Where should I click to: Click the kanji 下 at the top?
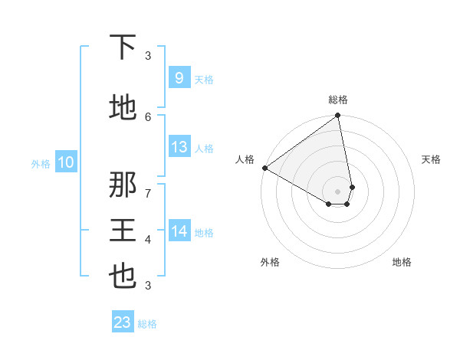click(123, 48)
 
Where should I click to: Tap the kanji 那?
click(123, 185)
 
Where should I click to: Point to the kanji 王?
click(123, 231)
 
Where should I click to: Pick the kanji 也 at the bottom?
click(123, 277)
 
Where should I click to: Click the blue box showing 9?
click(179, 77)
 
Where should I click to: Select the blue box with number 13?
click(179, 147)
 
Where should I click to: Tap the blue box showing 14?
click(179, 231)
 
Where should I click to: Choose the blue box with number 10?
click(65, 162)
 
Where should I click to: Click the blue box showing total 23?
click(123, 322)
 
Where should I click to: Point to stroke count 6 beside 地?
click(148, 116)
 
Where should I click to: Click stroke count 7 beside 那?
click(148, 194)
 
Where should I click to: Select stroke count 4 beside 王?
click(148, 240)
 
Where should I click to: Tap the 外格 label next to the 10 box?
click(41, 163)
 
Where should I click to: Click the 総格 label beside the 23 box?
click(147, 324)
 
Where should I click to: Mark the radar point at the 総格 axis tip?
click(337, 116)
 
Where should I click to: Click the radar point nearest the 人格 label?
click(264, 168)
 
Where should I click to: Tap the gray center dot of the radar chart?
click(337, 191)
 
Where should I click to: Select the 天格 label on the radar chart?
click(432, 159)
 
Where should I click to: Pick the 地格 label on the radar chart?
click(402, 262)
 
